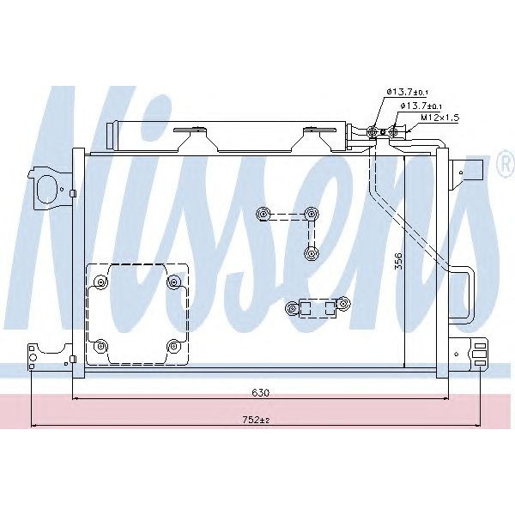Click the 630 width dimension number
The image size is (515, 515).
pos(261,392)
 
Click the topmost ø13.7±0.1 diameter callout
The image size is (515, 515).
pos(407,91)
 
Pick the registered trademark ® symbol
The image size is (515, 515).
pos(504,167)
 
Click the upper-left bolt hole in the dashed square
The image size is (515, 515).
pos(102,281)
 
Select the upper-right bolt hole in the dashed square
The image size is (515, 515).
pos(174,281)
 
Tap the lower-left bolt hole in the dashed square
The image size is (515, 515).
pos(102,346)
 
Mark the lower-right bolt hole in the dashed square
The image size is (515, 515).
pos(174,346)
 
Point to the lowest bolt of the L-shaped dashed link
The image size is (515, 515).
pos(309,252)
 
